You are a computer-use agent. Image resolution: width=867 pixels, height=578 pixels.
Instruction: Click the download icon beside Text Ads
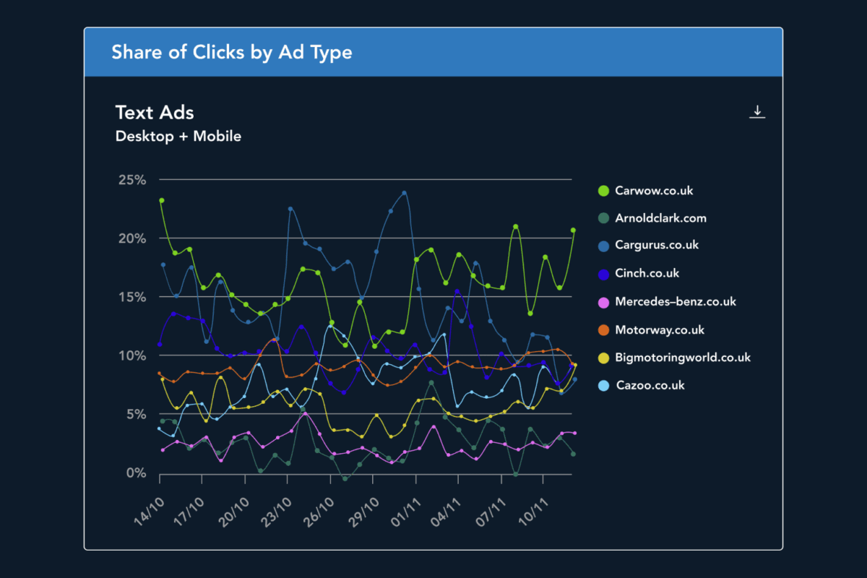pos(756,112)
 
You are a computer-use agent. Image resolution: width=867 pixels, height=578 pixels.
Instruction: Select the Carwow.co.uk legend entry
pos(654,191)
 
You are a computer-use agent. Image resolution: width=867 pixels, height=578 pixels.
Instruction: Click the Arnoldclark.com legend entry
pos(660,218)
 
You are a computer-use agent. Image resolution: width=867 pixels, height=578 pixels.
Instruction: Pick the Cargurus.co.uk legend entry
pos(657,245)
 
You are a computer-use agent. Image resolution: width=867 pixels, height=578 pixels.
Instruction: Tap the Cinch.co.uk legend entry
pos(647,273)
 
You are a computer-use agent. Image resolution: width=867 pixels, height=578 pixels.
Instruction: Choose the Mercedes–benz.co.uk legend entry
pos(675,301)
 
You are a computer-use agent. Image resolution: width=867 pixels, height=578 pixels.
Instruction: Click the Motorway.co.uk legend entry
pos(658,329)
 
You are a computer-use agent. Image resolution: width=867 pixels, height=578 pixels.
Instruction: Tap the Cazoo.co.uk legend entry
pos(650,385)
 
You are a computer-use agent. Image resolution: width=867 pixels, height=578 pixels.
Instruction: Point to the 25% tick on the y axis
pos(132,179)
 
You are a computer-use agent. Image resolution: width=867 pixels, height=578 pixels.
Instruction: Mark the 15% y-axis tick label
pos(132,297)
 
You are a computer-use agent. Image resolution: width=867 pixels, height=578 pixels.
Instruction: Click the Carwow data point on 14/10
pos(161,200)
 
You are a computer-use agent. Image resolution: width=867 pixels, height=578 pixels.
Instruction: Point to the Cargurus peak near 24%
pos(404,193)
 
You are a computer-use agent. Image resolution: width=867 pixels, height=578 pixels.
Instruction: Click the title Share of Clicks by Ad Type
pos(232,52)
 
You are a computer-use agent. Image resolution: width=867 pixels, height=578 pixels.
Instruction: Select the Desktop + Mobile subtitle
pos(178,136)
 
